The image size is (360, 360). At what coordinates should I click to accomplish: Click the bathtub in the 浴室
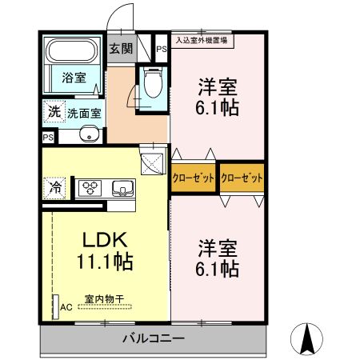[x=72, y=50]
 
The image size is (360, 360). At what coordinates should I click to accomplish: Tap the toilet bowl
[x=153, y=82]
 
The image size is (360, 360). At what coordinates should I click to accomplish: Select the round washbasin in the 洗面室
[x=89, y=134]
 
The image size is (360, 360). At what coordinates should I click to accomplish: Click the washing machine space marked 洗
[x=54, y=111]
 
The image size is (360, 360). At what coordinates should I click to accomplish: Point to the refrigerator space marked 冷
[x=54, y=188]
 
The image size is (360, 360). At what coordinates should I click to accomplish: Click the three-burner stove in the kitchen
[x=90, y=188]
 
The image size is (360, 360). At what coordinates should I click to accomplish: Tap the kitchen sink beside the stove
[x=122, y=189]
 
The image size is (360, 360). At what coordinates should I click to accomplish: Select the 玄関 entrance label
[x=121, y=49]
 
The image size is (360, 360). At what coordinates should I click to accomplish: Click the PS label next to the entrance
[x=162, y=50]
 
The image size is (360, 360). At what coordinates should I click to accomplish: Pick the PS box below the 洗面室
[x=49, y=138]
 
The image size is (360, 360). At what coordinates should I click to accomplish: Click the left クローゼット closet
[x=193, y=178]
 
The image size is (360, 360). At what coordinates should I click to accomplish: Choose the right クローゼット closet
[x=242, y=178]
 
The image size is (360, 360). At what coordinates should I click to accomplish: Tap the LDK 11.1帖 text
[x=105, y=250]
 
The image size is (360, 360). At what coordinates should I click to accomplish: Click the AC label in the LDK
[x=66, y=307]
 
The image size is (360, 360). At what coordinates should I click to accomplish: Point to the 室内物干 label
[x=104, y=299]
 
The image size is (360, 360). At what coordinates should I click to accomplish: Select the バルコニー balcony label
[x=154, y=338]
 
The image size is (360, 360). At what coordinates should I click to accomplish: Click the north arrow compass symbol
[x=306, y=339]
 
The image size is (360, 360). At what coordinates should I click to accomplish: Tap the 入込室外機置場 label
[x=202, y=41]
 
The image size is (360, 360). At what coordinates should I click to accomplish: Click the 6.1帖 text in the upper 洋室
[x=217, y=108]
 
